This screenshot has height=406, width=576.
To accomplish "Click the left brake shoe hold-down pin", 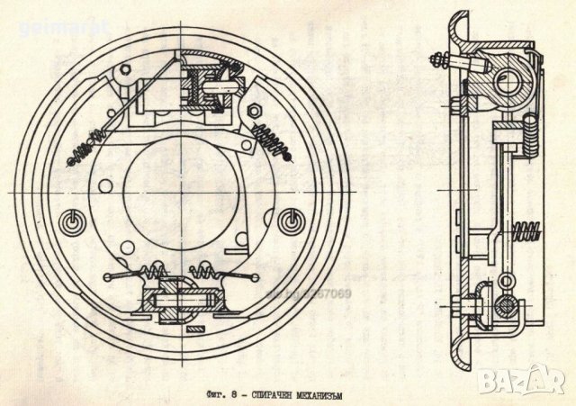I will pos(70,221).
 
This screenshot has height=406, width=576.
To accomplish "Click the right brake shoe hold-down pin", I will pos(289,219).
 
